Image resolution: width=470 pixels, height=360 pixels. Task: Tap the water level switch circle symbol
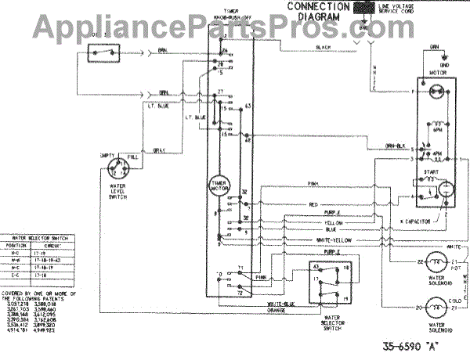119,167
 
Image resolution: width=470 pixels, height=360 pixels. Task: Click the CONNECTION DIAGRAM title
317,12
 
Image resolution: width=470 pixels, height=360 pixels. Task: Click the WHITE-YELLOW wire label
336,239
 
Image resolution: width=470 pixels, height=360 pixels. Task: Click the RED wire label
313,204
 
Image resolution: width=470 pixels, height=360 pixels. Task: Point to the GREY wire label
159,150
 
